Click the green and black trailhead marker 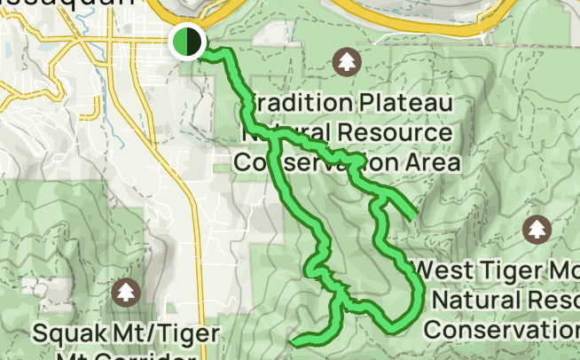coord(187,42)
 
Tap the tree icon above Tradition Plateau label coord(345,62)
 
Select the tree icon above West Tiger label coord(537,230)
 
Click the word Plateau coord(410,103)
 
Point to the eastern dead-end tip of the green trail coord(412,215)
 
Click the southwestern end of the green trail coord(294,340)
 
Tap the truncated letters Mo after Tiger coord(565,268)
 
